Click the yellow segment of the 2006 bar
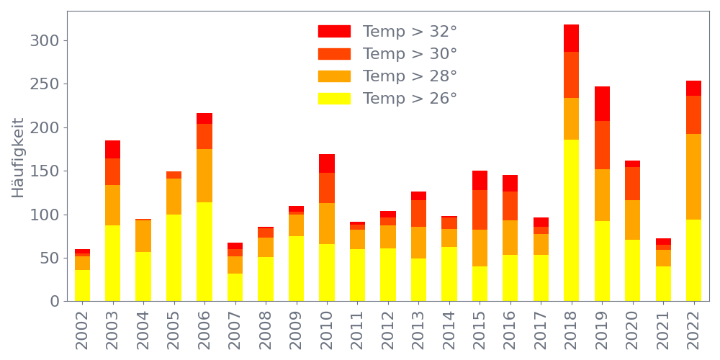click(x=204, y=251)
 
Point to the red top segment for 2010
click(x=327, y=163)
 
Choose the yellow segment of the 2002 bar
click(x=82, y=285)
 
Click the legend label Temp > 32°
click(x=410, y=32)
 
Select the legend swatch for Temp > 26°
click(x=334, y=99)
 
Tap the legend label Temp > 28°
click(x=410, y=76)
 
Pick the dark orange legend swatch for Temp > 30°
click(x=334, y=54)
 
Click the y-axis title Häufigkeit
click(x=18, y=158)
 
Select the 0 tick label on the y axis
click(x=53, y=301)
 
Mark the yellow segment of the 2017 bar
click(x=541, y=277)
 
